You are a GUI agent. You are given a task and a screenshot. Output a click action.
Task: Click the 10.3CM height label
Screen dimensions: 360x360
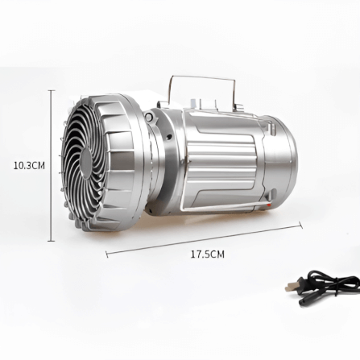[29, 165]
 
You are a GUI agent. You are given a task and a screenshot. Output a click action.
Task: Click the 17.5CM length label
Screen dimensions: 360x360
[208, 254]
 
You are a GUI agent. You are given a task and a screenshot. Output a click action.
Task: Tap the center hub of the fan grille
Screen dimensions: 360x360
[86, 163]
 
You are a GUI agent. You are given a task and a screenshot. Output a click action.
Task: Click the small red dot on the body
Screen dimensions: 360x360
[269, 205]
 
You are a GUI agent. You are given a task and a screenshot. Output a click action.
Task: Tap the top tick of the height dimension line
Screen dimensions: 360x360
[52, 91]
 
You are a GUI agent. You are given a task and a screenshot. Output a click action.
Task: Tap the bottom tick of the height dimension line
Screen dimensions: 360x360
[52, 241]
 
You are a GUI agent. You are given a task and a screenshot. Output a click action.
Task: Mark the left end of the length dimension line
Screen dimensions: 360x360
[107, 254]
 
